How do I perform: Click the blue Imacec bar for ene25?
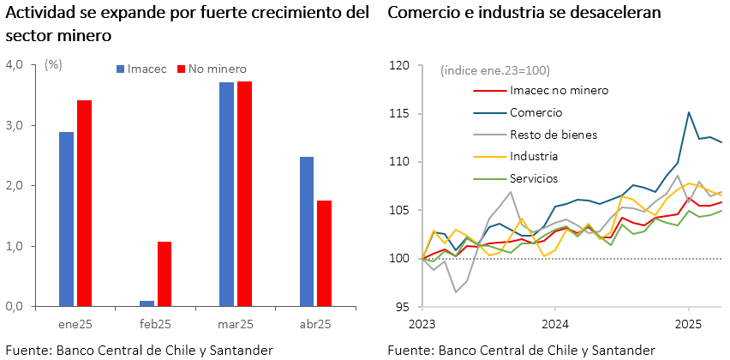66,219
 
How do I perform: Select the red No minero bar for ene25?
84,203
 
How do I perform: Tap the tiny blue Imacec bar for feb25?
147,303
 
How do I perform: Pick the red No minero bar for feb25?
165,274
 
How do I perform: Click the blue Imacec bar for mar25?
226,195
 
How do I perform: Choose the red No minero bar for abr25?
324,254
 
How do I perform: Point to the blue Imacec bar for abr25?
306,231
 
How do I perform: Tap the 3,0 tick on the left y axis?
16,125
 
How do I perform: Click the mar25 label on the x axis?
235,324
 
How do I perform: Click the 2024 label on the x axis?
555,324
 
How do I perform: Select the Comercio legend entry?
536,112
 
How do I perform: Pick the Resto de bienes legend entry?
553,135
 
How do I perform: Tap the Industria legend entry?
534,157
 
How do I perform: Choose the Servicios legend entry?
534,178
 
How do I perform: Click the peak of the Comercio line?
689,112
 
